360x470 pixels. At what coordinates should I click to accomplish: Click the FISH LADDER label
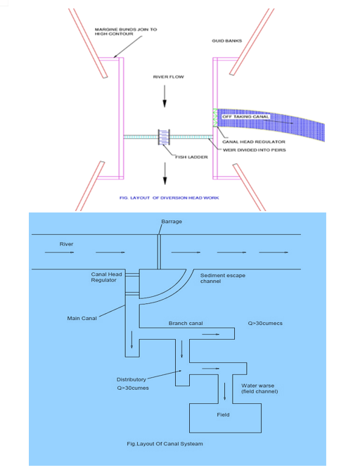tap(191, 157)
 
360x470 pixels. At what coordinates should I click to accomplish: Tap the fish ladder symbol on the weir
tap(164, 137)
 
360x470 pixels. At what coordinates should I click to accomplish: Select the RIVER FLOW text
tap(168, 77)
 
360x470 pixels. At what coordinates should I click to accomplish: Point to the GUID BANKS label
tap(226, 41)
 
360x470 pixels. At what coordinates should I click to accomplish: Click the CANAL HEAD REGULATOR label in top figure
tap(254, 142)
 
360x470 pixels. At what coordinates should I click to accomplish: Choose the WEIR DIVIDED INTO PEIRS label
tap(255, 150)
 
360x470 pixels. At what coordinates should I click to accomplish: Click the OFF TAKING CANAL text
tap(245, 117)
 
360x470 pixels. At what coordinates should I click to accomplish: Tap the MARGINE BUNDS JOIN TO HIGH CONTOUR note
tap(126, 32)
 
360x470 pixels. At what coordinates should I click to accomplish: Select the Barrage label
tap(172, 222)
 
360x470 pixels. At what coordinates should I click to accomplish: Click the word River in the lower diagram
tap(66, 244)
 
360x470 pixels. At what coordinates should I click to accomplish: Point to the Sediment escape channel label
tap(222, 278)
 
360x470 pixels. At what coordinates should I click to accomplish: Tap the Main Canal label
tap(82, 318)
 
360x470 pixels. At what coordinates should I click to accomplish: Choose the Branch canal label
tap(186, 324)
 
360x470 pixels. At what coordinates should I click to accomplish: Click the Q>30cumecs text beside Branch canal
tap(265, 324)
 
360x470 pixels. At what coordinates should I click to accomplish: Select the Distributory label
tap(131, 379)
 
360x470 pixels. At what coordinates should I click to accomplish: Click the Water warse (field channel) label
tap(259, 388)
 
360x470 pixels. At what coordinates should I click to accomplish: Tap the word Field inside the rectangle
tap(223, 415)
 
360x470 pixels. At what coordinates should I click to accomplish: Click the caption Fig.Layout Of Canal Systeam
tap(165, 444)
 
